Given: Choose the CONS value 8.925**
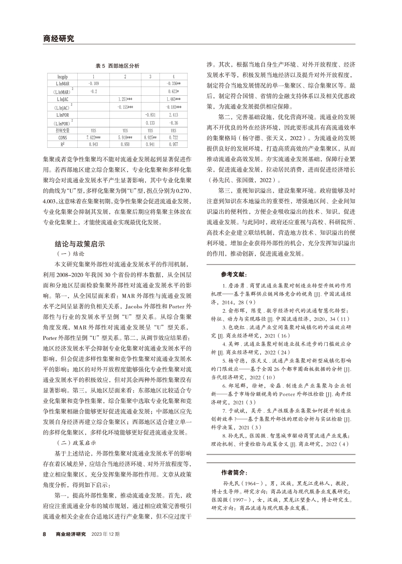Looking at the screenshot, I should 151,137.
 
